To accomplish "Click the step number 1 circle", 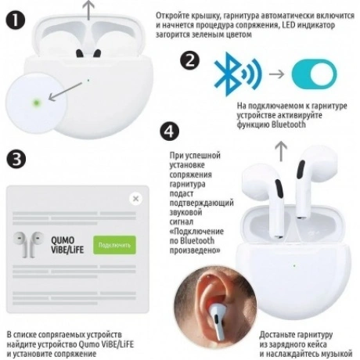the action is coord(16,20).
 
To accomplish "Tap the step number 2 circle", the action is coord(190,60).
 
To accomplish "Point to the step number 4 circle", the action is coord(170,131).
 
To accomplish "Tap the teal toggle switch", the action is coord(315,74).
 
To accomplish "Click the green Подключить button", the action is coord(114,245).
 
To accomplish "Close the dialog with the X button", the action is coord(135,199).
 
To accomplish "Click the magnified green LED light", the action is coord(36,103).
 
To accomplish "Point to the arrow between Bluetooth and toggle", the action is coord(276,74).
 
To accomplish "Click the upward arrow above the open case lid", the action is coord(89,10).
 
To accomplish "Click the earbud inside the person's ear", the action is coord(218,322).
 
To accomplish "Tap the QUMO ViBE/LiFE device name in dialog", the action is coord(67,245).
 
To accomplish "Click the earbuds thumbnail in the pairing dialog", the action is coord(29,244).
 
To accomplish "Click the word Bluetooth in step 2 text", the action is coord(289,124).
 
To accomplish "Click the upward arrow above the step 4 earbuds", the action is coord(282,152).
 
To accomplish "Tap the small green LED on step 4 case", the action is coord(294,266).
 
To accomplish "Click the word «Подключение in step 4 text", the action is coord(196,232).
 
